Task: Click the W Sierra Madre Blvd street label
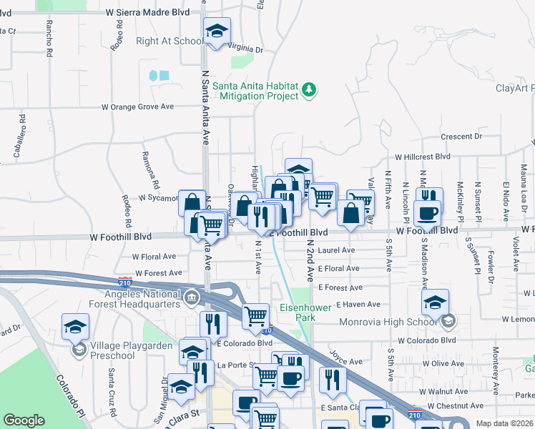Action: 147,12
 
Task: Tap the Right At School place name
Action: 169,41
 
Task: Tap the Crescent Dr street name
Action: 461,137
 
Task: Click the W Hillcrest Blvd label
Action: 423,156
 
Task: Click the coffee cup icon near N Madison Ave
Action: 428,212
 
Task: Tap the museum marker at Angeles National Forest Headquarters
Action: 191,297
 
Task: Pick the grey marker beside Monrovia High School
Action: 448,321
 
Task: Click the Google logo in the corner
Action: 24,420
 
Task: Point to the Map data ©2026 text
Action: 504,423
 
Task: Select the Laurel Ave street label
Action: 337,250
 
